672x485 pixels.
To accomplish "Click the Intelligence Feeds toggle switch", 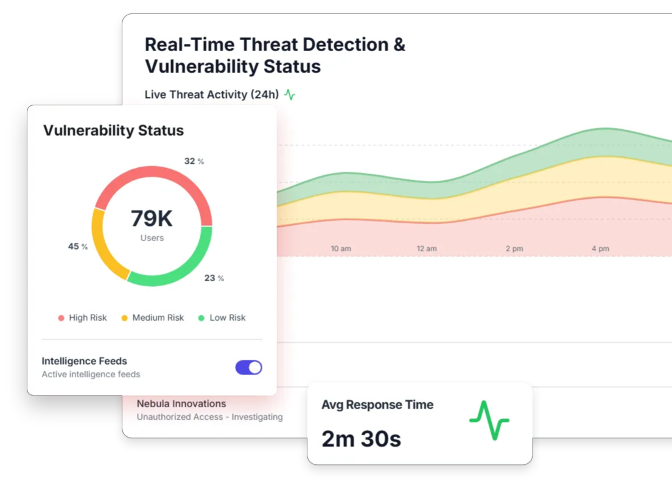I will [248, 367].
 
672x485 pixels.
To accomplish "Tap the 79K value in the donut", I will [152, 218].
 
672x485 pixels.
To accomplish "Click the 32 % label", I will [194, 161].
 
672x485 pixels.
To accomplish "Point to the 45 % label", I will [77, 246].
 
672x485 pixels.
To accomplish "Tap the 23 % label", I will [214, 278].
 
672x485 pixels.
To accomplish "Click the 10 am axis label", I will [341, 249].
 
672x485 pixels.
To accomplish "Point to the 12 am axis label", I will [427, 249].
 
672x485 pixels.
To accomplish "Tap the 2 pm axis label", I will [514, 249].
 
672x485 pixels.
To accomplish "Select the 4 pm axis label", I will [600, 249].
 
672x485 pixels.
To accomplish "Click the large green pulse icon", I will [489, 420].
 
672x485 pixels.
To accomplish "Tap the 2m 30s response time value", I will [361, 438].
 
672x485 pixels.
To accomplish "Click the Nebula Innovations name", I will [181, 403].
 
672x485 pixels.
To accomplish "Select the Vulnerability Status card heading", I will [113, 130].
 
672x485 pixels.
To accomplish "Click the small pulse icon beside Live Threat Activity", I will [290, 95].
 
